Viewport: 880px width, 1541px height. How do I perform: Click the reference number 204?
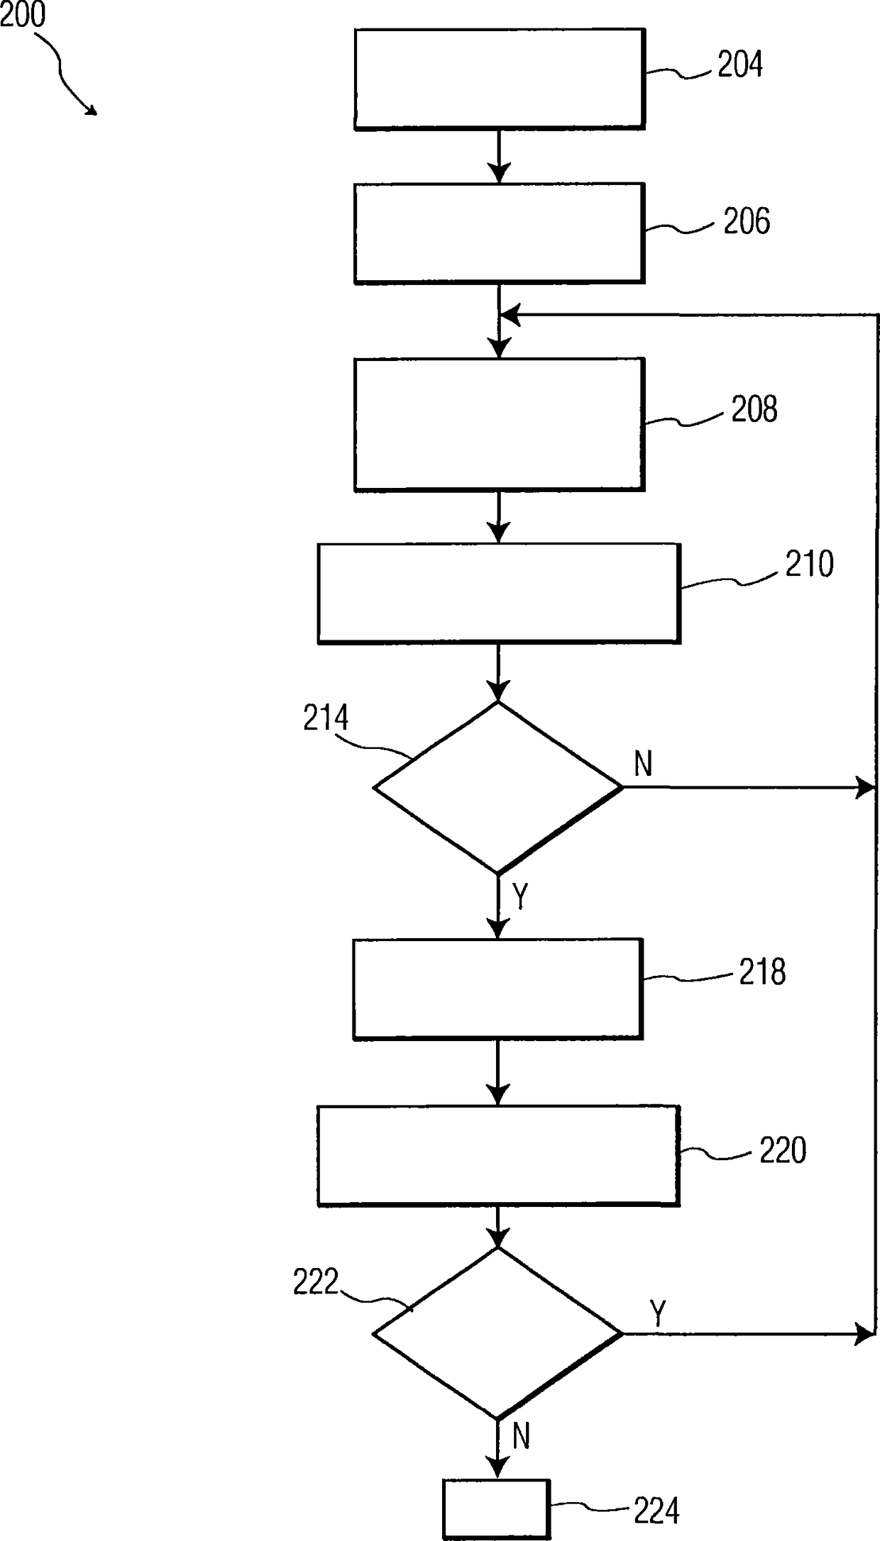point(740,65)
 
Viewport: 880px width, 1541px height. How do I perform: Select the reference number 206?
point(747,221)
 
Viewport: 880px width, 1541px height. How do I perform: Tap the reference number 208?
point(754,409)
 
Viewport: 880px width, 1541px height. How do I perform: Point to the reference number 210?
point(809,564)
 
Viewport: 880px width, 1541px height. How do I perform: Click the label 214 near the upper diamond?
point(326,718)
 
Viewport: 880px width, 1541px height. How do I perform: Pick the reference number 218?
point(762,972)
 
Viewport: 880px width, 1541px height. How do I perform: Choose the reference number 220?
point(783,1150)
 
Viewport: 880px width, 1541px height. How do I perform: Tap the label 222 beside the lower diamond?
point(316,1282)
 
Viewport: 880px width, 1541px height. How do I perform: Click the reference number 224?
point(656,1512)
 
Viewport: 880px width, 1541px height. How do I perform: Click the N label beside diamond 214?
point(643,764)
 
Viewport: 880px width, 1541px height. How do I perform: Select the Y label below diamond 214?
point(521,896)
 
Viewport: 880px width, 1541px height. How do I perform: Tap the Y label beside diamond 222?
point(658,1313)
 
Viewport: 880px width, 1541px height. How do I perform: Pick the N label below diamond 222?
point(521,1437)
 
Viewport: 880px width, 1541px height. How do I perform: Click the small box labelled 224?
point(497,1508)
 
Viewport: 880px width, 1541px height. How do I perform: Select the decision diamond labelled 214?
point(497,787)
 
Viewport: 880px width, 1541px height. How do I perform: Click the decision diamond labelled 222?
point(497,1333)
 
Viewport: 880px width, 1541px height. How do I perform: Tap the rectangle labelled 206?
point(500,233)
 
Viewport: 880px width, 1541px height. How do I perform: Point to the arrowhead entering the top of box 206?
point(500,174)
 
